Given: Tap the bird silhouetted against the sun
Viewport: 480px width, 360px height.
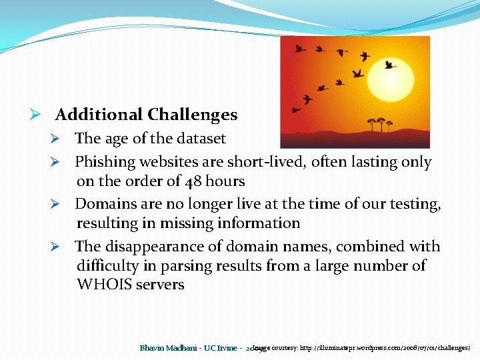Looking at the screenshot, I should point(389,65).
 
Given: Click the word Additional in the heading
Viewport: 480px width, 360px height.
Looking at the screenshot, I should point(99,115).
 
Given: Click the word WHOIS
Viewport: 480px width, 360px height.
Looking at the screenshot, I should point(104,285).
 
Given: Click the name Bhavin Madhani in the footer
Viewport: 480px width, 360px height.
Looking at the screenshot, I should point(169,348).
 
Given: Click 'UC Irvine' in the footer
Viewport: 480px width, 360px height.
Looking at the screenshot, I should point(219,348).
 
